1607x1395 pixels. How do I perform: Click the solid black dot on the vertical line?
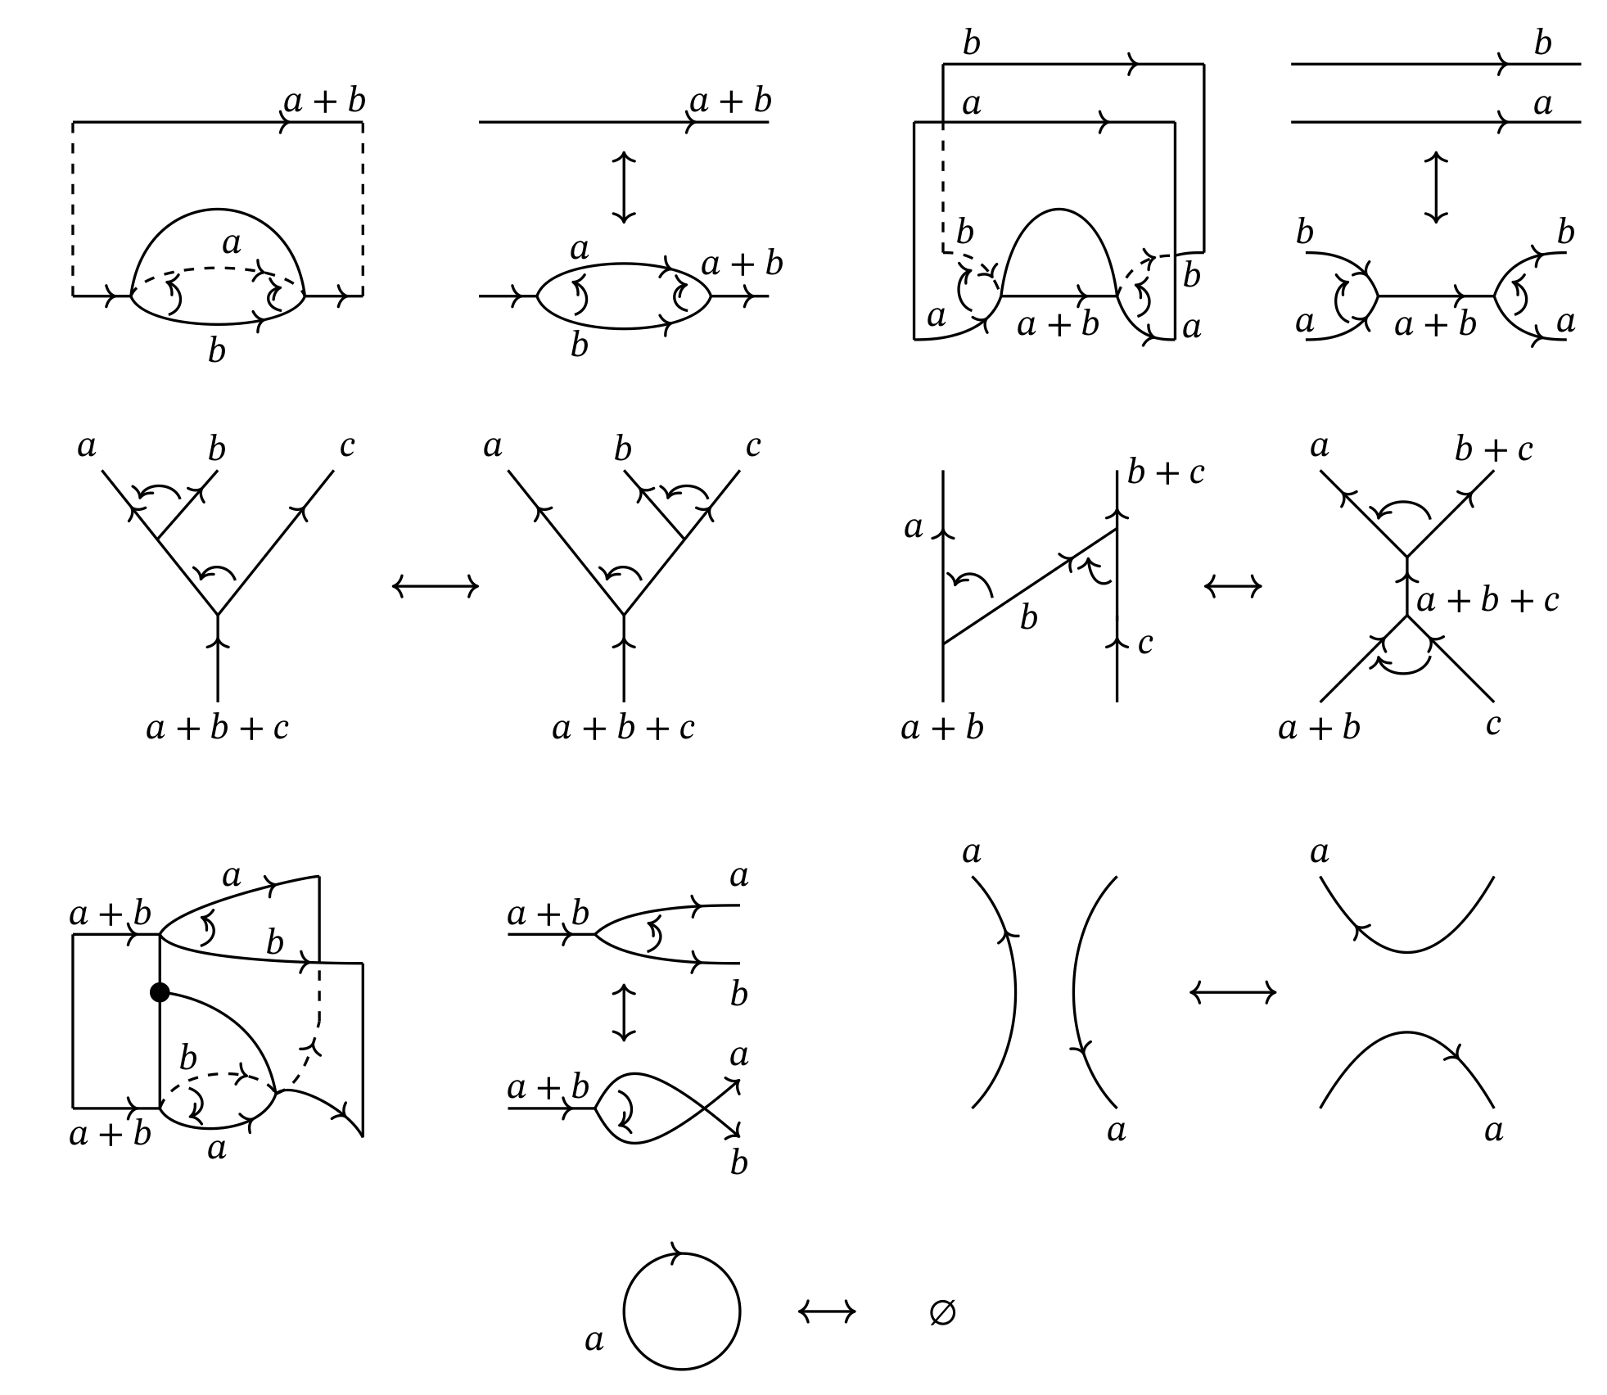click(x=160, y=992)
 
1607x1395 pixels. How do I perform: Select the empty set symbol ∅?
click(x=942, y=1312)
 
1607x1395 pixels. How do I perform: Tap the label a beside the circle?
click(x=594, y=1340)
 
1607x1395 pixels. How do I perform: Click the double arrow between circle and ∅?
click(x=827, y=1311)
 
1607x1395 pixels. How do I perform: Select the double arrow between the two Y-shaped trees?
click(x=435, y=586)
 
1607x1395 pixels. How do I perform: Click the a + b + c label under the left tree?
click(x=217, y=728)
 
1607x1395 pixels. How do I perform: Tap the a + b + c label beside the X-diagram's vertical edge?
click(x=1487, y=601)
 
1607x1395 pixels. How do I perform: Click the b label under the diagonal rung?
click(x=1028, y=619)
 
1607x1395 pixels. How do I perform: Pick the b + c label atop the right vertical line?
click(x=1166, y=472)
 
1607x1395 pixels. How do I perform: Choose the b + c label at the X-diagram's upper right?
click(x=1493, y=449)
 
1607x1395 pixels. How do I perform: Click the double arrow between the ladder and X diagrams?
click(x=1233, y=586)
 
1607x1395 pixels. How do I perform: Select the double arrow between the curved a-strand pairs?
click(x=1233, y=993)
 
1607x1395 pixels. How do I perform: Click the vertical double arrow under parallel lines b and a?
click(x=1436, y=187)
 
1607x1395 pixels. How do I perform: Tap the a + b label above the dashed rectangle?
click(x=324, y=101)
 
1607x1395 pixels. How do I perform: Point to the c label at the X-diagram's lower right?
click(x=1493, y=725)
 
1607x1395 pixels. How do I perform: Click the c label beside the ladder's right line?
click(x=1145, y=643)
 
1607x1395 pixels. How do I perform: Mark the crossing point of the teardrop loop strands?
click(x=705, y=1108)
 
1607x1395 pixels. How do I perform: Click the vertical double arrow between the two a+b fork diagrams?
click(x=624, y=1013)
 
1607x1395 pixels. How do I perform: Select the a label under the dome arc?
click(x=232, y=243)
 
